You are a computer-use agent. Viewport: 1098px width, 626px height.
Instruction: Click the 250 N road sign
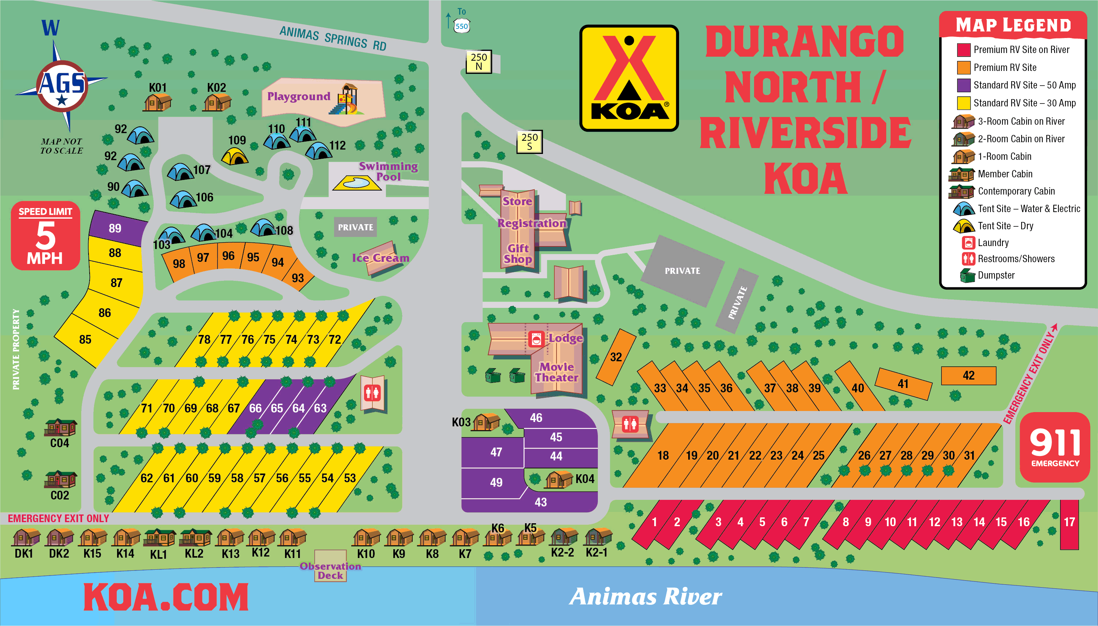(x=479, y=61)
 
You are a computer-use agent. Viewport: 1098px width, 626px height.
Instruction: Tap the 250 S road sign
(x=529, y=142)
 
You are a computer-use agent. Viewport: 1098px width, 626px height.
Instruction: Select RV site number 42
(x=968, y=375)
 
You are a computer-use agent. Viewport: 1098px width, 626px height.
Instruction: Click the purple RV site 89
(x=115, y=228)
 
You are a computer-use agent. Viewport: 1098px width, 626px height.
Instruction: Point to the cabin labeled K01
(x=157, y=103)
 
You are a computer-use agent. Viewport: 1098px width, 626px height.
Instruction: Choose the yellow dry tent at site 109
(x=235, y=156)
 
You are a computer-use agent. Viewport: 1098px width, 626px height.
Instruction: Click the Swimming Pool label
(x=388, y=171)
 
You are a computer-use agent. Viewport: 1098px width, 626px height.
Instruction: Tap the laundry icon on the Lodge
(x=536, y=339)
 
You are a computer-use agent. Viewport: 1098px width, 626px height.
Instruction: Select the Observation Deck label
(x=330, y=570)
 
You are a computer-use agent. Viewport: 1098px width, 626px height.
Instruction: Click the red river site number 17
(x=1069, y=523)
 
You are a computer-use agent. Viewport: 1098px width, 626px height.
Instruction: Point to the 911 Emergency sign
(x=1054, y=447)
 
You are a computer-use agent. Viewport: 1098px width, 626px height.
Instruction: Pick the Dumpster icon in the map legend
(x=967, y=275)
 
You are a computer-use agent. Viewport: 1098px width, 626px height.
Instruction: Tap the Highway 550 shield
(x=461, y=26)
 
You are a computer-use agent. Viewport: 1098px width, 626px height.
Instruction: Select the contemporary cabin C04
(x=60, y=427)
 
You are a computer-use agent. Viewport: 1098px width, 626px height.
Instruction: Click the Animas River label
(x=645, y=596)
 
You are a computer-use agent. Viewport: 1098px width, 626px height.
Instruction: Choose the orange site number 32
(x=616, y=357)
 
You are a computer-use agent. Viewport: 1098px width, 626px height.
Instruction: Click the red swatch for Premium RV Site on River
(x=963, y=50)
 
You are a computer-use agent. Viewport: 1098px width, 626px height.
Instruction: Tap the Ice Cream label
(x=380, y=257)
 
